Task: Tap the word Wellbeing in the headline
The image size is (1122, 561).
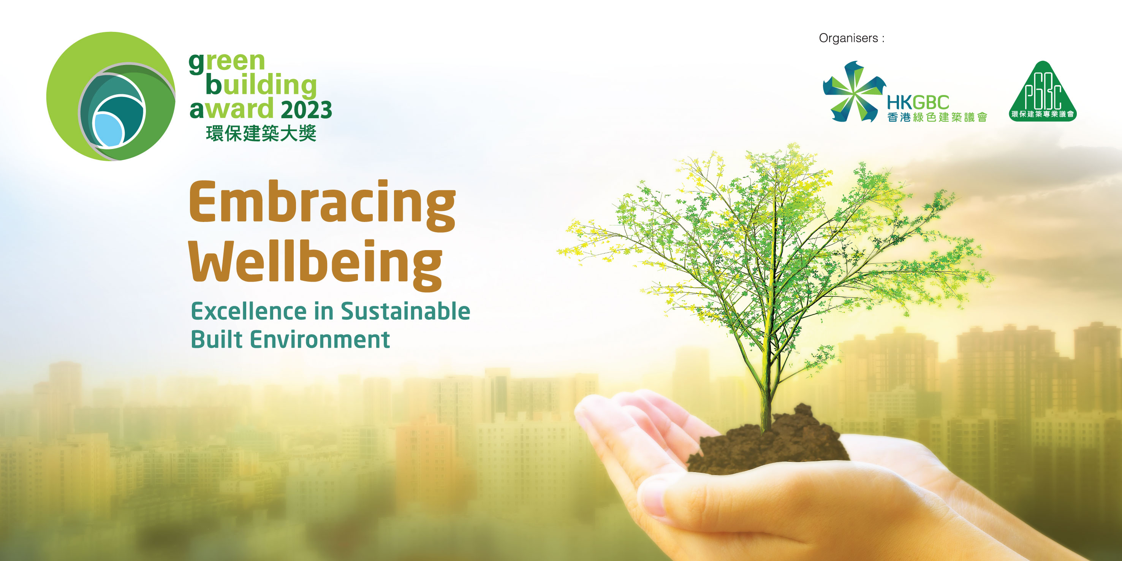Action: point(315,265)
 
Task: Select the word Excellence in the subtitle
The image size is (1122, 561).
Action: point(249,311)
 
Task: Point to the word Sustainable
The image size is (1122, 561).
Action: point(405,311)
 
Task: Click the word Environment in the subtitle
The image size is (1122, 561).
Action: point(320,339)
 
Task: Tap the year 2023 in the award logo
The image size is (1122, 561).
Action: point(306,110)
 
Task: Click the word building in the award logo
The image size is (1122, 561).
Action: point(261,85)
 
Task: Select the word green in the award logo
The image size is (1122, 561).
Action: point(227,62)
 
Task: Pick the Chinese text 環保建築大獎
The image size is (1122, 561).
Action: point(261,133)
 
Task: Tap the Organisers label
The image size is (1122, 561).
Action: point(851,38)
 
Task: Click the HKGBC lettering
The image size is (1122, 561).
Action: point(918,102)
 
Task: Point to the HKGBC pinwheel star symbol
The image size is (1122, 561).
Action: point(853,92)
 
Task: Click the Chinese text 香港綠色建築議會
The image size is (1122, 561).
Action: point(937,117)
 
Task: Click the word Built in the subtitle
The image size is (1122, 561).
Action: point(216,339)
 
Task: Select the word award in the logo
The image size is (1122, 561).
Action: point(231,109)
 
